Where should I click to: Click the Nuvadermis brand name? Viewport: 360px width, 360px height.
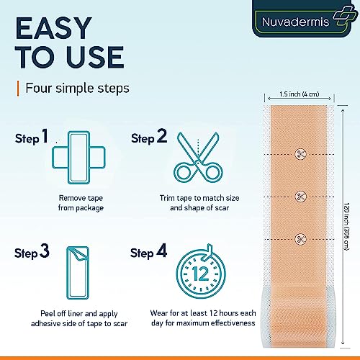[295, 22]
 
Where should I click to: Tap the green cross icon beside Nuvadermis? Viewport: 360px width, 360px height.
[345, 16]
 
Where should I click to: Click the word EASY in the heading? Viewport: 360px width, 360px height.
[53, 28]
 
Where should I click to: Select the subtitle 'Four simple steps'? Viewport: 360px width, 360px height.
[77, 88]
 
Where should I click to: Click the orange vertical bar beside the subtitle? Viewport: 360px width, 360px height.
[18, 89]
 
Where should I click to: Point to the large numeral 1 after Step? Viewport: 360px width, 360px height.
[45, 136]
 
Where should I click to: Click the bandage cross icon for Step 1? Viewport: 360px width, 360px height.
[78, 158]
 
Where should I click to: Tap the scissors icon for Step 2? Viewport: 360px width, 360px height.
[198, 157]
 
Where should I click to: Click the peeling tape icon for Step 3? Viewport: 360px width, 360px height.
[78, 273]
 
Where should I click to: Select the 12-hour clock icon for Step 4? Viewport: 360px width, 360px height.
[201, 271]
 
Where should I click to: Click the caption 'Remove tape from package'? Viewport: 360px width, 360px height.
[81, 203]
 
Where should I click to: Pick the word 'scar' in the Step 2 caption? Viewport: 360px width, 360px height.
[222, 208]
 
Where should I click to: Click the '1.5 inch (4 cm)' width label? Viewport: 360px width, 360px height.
[300, 94]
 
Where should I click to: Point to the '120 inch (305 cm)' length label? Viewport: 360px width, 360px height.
[346, 227]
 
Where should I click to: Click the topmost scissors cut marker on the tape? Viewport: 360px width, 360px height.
[301, 154]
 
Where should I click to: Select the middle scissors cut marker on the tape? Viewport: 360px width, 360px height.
[300, 197]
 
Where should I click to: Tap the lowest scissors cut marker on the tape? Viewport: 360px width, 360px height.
[300, 239]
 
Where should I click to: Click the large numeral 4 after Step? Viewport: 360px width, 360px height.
[162, 251]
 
